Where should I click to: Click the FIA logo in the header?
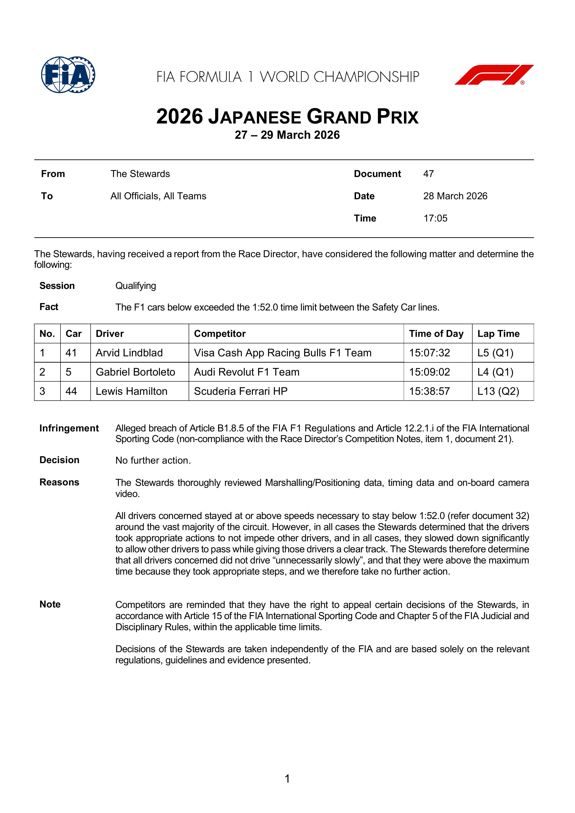pos(68,75)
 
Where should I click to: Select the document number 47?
pos(428,174)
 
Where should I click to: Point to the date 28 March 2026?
pos(455,196)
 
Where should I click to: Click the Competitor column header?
pos(220,334)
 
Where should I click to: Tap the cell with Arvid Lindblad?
pos(129,353)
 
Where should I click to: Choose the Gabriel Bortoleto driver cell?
pos(135,372)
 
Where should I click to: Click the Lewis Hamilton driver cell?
pos(131,391)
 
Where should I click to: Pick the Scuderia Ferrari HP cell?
pos(241,391)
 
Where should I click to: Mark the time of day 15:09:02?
pos(429,372)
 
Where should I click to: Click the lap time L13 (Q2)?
pos(498,391)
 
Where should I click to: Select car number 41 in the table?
pos(71,353)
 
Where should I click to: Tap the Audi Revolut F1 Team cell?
pos(247,372)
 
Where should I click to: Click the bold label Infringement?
pos(69,428)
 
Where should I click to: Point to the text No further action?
pos(153,460)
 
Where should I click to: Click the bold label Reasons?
pos(59,482)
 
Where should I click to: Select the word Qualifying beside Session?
pos(136,286)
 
